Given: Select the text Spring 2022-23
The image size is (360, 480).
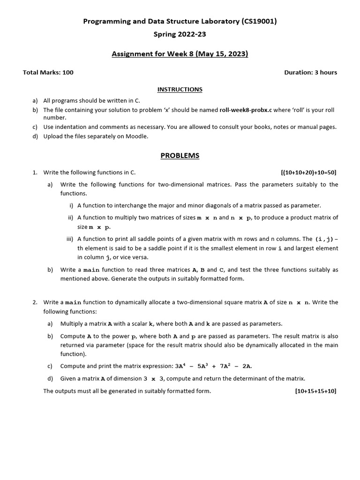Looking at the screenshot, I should tap(180, 34).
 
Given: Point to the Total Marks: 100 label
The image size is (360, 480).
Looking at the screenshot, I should tap(48, 72).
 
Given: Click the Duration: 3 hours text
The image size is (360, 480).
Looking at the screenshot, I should tap(310, 72).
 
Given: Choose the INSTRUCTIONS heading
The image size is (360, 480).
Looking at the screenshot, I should tap(180, 89).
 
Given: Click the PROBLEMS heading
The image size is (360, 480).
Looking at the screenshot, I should tap(180, 156).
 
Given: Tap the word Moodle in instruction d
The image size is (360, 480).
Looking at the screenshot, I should tap(136, 136).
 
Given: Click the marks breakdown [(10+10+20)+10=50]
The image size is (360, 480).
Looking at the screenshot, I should tap(308, 172).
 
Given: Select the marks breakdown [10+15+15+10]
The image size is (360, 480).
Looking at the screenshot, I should tap(315, 391).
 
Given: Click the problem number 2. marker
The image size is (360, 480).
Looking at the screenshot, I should tap(35, 302).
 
